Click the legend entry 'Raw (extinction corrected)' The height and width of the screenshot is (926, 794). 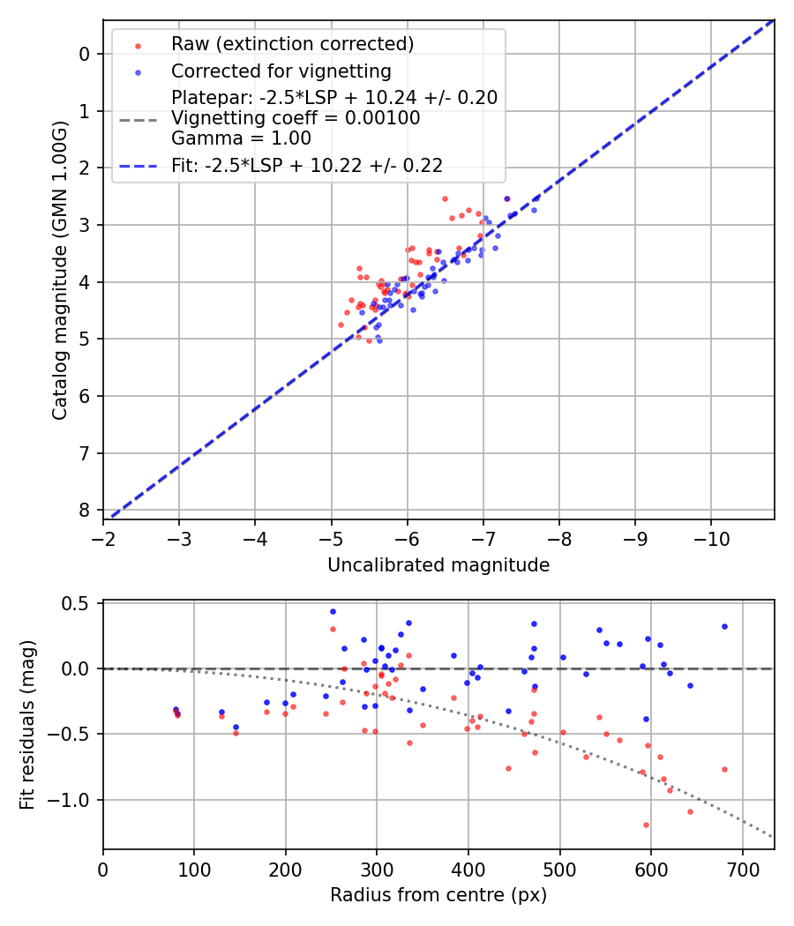coord(292,44)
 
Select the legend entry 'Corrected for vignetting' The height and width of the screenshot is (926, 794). coord(281,71)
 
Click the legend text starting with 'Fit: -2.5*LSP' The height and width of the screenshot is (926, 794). coord(307,165)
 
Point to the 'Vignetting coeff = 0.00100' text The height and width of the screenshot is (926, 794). coord(296,118)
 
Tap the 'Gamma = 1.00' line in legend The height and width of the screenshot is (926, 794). coord(241,138)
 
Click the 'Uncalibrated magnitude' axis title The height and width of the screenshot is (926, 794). coord(438,565)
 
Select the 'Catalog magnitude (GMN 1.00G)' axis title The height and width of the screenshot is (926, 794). coord(59,270)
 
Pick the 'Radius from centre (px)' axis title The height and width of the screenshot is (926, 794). coord(438,895)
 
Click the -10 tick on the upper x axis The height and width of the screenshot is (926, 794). coord(712,537)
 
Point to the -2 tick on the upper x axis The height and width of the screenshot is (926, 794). coord(103,537)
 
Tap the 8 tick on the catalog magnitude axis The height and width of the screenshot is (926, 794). coord(85,511)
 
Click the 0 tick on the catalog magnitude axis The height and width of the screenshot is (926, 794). coord(85,54)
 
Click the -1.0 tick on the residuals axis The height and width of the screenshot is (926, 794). coord(75,800)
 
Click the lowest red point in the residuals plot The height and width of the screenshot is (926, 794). coord(646,825)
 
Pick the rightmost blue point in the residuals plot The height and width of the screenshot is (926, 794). coord(724,626)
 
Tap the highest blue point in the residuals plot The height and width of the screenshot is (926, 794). coord(333,611)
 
